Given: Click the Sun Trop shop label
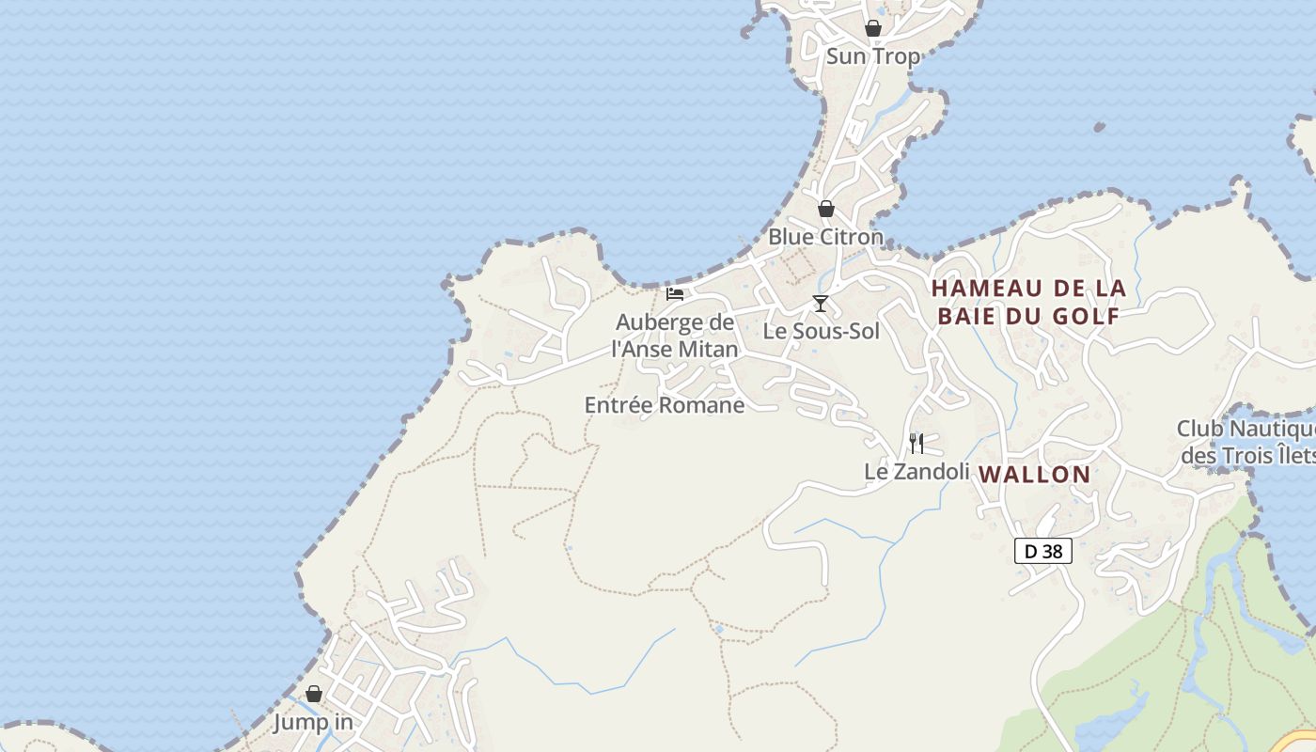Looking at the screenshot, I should click(872, 56).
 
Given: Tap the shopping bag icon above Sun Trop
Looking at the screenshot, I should click(873, 28).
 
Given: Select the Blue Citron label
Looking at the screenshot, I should click(825, 237).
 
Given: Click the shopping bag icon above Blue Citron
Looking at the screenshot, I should click(825, 209).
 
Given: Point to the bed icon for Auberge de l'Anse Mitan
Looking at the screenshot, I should click(675, 294).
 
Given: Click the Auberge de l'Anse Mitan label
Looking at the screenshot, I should click(675, 336).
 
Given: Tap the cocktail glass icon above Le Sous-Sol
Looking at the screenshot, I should click(821, 303).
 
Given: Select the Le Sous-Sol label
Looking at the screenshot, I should click(821, 331).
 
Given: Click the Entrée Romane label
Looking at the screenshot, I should click(664, 405).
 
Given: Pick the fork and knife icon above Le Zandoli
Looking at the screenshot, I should click(916, 443).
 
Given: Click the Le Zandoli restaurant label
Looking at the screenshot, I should click(916, 472).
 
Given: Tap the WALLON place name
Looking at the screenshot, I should click(1034, 475).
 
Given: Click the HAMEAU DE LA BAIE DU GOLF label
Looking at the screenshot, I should click(1028, 302).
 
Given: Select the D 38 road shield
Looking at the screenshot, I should click(1042, 552).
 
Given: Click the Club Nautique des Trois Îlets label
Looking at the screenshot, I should click(1246, 443).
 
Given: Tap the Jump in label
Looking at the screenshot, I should click(313, 723).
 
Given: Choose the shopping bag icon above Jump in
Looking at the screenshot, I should click(314, 694).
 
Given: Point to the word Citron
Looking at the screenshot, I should click(851, 237).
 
